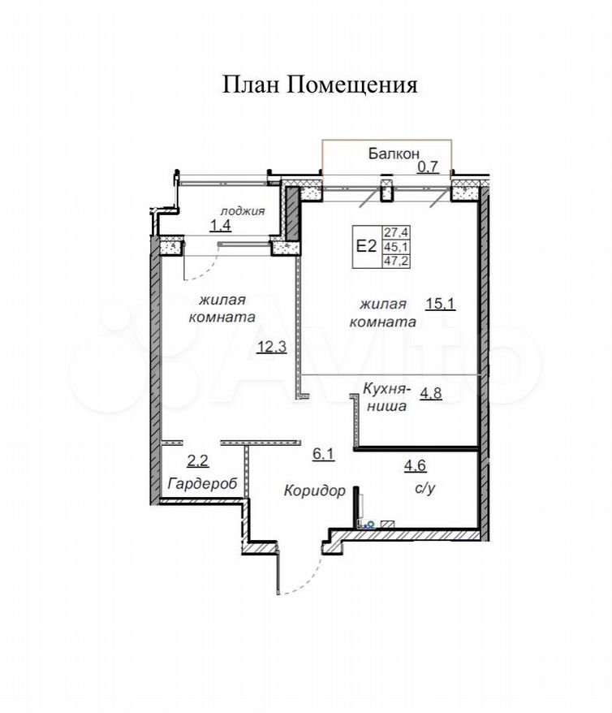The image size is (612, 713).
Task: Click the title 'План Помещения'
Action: click(x=320, y=85)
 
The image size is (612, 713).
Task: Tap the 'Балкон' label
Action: click(x=394, y=153)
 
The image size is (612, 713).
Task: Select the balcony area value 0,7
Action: click(x=428, y=167)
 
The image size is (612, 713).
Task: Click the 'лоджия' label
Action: click(x=243, y=211)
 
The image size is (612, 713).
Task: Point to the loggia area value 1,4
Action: click(x=220, y=225)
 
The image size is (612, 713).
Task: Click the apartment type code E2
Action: click(x=366, y=246)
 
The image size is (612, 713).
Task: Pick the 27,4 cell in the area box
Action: click(x=396, y=233)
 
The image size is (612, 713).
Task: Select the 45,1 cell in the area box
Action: click(x=396, y=247)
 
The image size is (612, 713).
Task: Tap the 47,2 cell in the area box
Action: click(x=396, y=261)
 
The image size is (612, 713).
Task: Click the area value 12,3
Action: click(x=272, y=348)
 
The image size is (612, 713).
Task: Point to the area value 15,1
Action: click(x=440, y=303)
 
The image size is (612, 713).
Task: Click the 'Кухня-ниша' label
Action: click(x=386, y=397)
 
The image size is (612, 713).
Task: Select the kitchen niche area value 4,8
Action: click(x=431, y=393)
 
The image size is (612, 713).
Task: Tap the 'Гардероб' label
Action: click(x=202, y=483)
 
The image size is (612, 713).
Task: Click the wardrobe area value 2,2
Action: click(x=197, y=461)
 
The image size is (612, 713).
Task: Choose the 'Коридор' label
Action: click(x=315, y=490)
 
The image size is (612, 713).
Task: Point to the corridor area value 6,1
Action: click(x=323, y=454)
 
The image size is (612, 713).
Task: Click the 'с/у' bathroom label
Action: click(x=425, y=488)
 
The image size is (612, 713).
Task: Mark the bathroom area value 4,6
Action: click(x=416, y=465)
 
